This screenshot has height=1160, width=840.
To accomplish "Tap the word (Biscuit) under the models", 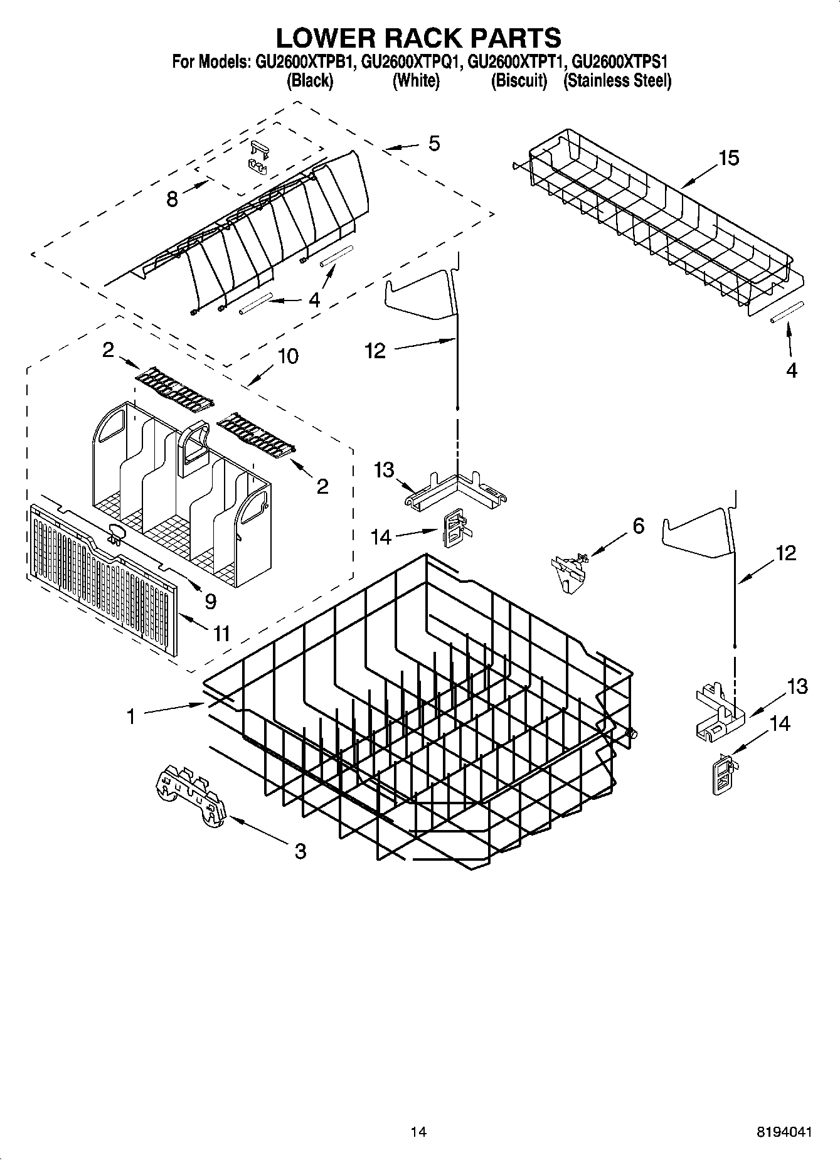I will (518, 81).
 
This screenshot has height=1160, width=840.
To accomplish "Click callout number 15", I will (728, 158).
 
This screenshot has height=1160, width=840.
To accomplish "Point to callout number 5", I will (434, 144).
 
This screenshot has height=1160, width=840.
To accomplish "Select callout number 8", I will (172, 199).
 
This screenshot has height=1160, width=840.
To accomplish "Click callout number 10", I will (288, 356).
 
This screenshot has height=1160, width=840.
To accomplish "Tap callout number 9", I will (210, 601).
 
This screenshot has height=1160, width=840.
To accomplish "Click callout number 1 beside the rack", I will (131, 716).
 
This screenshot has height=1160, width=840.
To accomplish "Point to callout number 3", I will (300, 851).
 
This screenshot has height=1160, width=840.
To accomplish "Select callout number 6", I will (638, 526).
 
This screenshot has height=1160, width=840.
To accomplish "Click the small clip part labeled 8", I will (258, 157).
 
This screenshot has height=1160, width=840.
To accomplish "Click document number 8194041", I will (784, 1132).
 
